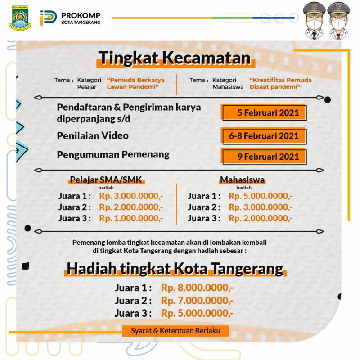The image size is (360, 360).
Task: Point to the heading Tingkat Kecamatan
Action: coord(174,58)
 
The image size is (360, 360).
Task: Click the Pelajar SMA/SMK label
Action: coord(106,180)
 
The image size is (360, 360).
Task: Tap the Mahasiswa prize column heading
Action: coord(242,180)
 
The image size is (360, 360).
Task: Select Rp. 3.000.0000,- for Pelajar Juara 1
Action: coord(131,196)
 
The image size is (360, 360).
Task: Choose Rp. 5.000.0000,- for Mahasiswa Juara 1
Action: coord(261,196)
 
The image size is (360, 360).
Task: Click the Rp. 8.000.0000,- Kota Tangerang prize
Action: coord(198,288)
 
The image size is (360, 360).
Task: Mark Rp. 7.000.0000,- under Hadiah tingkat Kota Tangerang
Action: coord(198,301)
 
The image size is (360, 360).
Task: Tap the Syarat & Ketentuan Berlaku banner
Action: coord(175,331)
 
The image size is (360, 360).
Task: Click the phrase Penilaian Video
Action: coord(93,135)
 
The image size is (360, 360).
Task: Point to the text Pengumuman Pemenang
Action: coord(113,155)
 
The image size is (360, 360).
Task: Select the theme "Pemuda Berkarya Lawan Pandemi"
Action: coord(135,83)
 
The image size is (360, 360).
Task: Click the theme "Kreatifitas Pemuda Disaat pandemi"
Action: coord(281,83)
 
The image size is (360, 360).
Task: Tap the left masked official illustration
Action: coord(314,20)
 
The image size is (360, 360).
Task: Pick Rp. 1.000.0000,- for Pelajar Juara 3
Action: coord(131,219)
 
